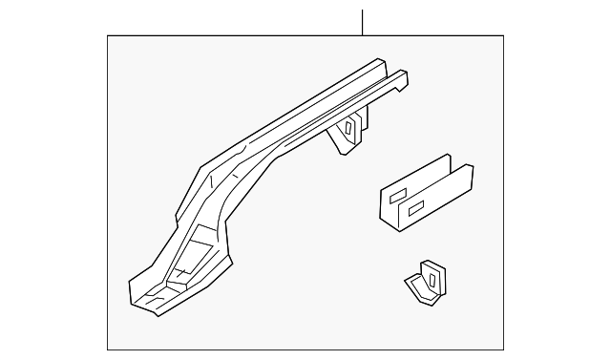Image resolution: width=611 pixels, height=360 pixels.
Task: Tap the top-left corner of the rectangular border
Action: pyautogui.click(x=108, y=36)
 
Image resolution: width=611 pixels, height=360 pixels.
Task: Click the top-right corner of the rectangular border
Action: pyautogui.click(x=503, y=36)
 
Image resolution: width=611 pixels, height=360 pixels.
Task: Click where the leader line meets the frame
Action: pyautogui.click(x=363, y=36)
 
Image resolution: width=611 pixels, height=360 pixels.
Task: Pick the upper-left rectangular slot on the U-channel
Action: pyautogui.click(x=393, y=194)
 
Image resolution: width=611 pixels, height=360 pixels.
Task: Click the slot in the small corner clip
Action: pyautogui.click(x=432, y=280)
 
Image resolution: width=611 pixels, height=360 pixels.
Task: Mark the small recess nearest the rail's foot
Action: pyautogui.click(x=176, y=284)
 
